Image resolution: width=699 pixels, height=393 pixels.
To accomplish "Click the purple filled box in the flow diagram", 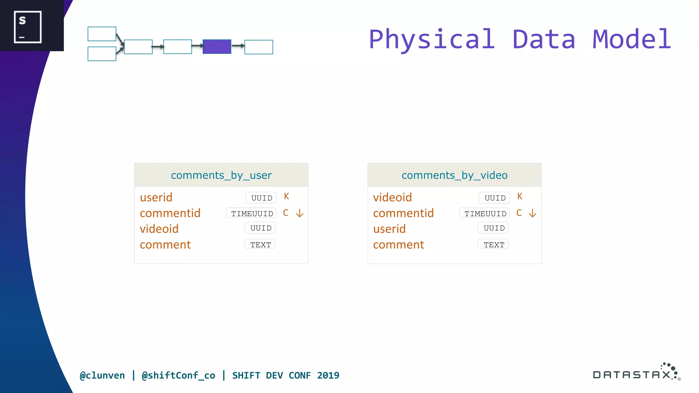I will (x=217, y=47).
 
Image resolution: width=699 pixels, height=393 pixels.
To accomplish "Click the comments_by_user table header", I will (x=221, y=175).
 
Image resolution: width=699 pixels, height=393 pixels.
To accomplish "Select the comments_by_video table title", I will (x=454, y=175).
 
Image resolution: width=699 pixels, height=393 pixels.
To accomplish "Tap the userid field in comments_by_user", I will (x=156, y=198).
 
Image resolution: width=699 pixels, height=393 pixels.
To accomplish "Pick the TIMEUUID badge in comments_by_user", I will (x=252, y=213).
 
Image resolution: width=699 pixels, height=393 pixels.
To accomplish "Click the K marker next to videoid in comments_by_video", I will (x=520, y=196).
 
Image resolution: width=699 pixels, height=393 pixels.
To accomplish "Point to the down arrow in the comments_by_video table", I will (x=532, y=213).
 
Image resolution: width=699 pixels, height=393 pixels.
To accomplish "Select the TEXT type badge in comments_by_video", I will (x=494, y=244).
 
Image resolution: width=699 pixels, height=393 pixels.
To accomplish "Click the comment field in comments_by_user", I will (x=165, y=245).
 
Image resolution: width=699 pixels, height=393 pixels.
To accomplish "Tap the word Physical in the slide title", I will (x=432, y=39).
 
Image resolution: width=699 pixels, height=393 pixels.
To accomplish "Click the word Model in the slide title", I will (x=632, y=39).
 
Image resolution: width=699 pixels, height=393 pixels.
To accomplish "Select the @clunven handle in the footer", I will (x=102, y=375).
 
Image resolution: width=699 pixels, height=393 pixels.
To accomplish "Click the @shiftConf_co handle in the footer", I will (x=178, y=375).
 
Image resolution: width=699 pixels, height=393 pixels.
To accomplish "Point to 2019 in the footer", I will (x=328, y=375).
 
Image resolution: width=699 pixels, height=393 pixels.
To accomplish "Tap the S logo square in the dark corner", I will (x=28, y=27).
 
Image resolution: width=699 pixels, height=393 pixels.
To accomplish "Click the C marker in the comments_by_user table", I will (x=286, y=213).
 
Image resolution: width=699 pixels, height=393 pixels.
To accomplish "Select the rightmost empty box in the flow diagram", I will (x=259, y=47).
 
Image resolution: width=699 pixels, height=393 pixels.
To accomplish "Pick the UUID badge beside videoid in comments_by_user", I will (x=260, y=228).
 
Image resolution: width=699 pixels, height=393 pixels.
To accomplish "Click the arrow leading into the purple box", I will (x=197, y=46).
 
